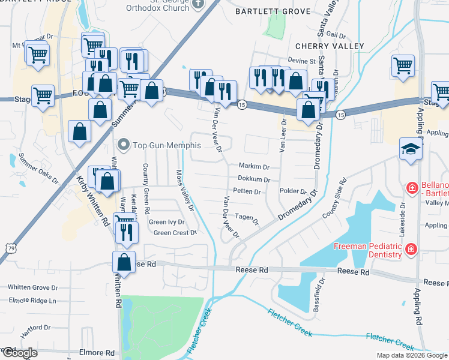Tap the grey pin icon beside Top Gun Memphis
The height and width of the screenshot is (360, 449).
click(124, 145)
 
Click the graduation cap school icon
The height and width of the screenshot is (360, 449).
click(411, 149)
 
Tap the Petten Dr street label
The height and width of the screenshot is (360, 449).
click(247, 192)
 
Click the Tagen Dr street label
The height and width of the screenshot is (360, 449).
click(247, 218)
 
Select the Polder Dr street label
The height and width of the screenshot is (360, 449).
click(294, 192)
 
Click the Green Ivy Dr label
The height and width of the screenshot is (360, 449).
click(166, 223)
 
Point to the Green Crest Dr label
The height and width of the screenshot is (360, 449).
click(175, 233)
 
